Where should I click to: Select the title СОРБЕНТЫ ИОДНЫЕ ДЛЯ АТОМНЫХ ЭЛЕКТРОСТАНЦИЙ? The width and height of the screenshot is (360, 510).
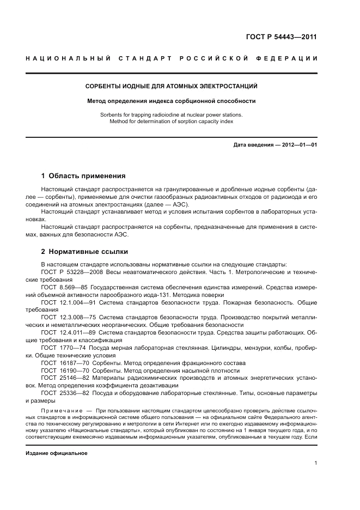[x=172, y=86]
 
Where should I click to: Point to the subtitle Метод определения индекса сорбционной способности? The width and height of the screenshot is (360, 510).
[x=172, y=101]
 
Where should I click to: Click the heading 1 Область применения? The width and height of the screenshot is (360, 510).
[x=83, y=176]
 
